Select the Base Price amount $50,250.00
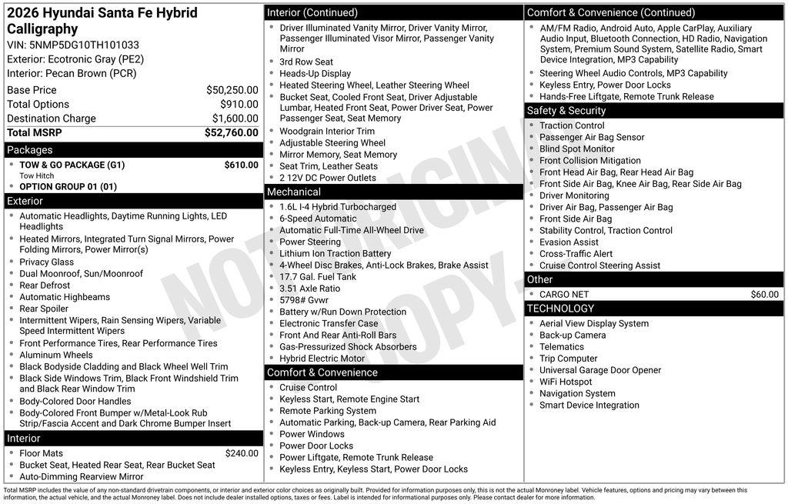click(232, 90)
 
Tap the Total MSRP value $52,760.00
click(231, 132)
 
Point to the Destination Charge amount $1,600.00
click(235, 118)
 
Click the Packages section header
click(30, 150)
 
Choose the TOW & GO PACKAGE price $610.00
click(241, 165)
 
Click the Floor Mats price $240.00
click(241, 453)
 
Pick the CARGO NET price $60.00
click(764, 294)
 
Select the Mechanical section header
click(294, 192)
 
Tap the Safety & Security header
click(566, 111)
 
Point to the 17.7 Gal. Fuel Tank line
click(318, 277)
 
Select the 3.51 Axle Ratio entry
click(309, 289)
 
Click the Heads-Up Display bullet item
click(315, 74)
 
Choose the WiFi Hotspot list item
click(566, 382)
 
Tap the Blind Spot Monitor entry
click(576, 149)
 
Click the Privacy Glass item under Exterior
click(47, 262)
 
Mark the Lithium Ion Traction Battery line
click(335, 253)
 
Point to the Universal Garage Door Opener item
click(600, 370)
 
